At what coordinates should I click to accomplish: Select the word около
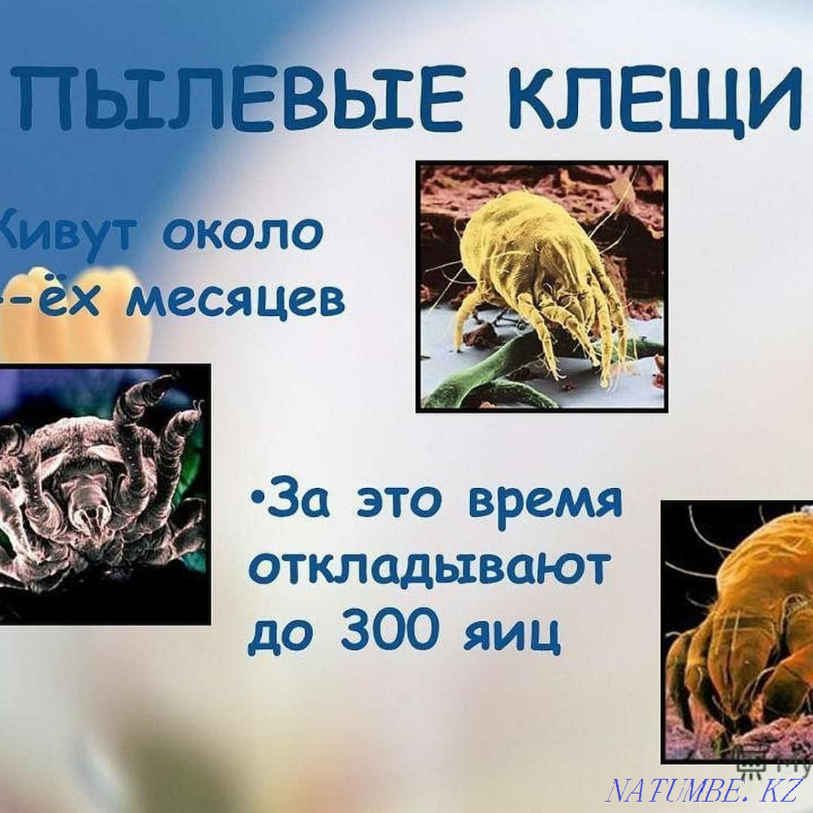(x=244, y=233)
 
